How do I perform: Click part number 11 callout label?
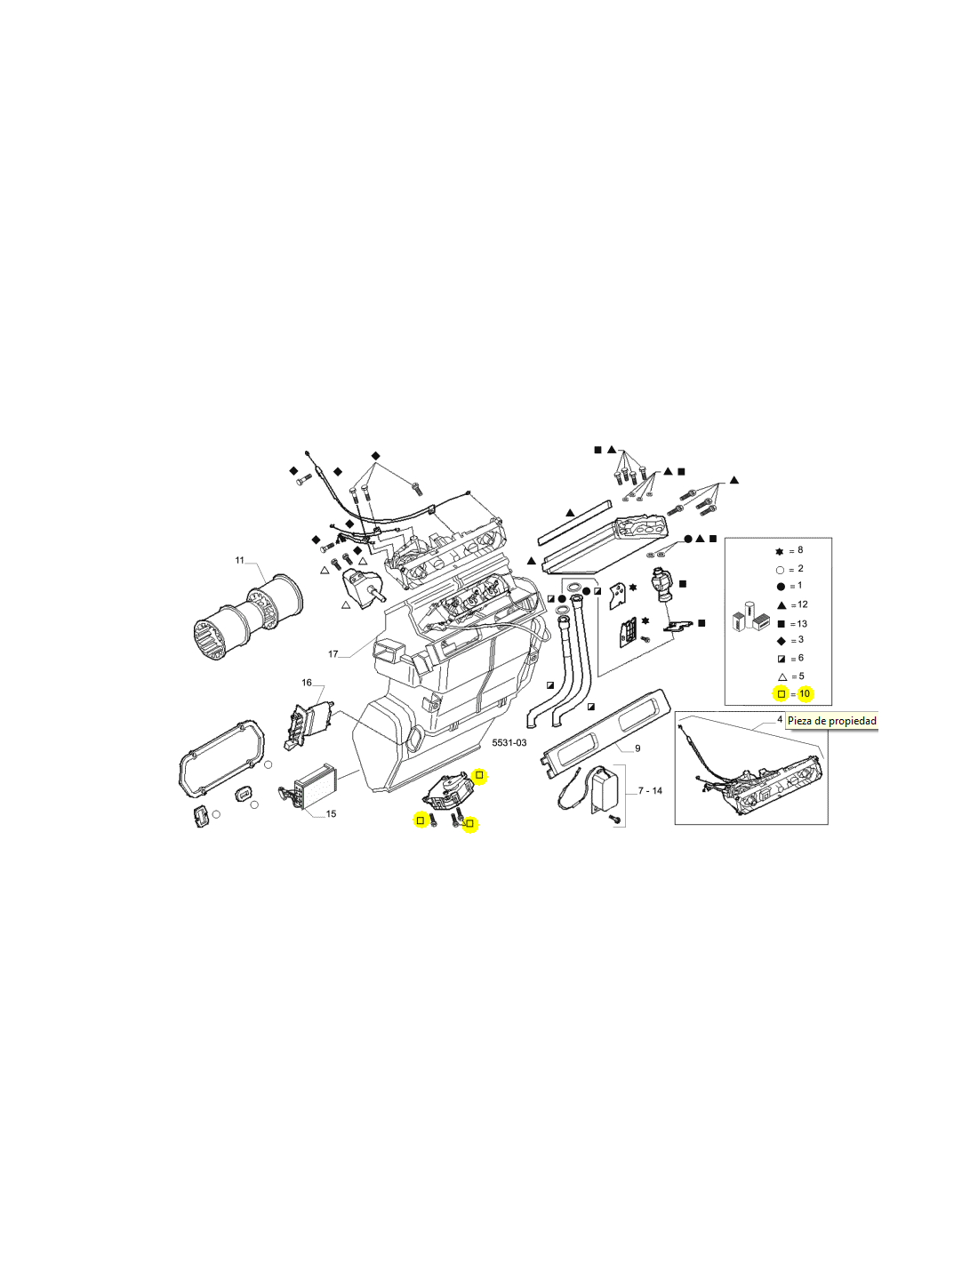tap(239, 560)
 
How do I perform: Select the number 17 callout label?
tap(333, 654)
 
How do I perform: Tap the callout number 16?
tap(307, 683)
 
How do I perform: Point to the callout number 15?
tap(331, 813)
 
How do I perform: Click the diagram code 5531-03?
tap(509, 743)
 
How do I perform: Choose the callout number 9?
tap(637, 748)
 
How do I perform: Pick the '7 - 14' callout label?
tap(650, 790)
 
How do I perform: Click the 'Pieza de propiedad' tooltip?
tap(831, 721)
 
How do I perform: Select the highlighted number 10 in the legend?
tap(805, 693)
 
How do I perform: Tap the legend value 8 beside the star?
tap(800, 549)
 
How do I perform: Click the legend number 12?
tap(803, 604)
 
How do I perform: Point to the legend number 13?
tap(802, 624)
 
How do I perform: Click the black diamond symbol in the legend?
tap(781, 641)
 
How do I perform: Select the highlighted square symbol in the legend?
tap(781, 694)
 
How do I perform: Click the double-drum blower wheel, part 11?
tap(247, 619)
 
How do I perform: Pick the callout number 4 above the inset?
tap(780, 719)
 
